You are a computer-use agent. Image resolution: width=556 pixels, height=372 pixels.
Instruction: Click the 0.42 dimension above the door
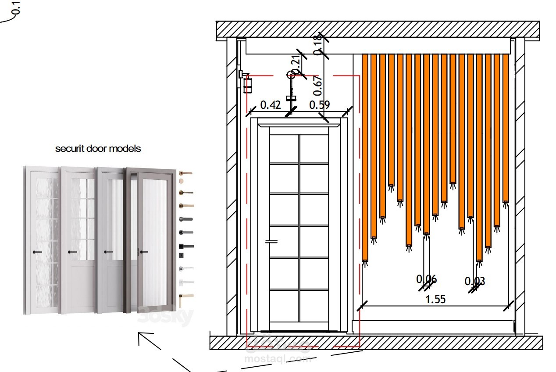[x=270, y=105]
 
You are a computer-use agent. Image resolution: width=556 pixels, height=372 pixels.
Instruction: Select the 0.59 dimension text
[x=319, y=105]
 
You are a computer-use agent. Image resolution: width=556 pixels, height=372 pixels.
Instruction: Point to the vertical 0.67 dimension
[x=318, y=86]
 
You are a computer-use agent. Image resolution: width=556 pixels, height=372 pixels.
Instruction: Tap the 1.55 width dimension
[x=435, y=299]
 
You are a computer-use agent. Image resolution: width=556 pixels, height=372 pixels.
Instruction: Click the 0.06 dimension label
[x=426, y=279]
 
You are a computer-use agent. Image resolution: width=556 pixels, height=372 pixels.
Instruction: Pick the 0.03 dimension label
[x=474, y=281]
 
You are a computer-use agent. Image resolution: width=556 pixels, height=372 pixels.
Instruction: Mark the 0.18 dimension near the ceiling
[x=318, y=45]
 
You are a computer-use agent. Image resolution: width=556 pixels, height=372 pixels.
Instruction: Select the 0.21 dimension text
[x=296, y=61]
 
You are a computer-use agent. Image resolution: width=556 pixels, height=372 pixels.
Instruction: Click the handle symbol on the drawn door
[x=272, y=241]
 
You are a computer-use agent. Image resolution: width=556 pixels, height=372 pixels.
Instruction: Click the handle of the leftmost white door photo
[x=36, y=252]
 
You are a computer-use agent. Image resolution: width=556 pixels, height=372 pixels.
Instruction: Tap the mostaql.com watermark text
[x=277, y=359]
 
